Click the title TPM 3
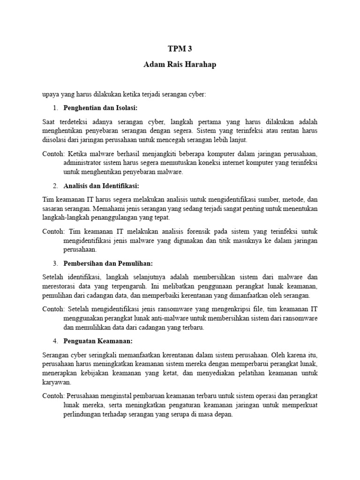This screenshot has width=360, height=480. [180, 48]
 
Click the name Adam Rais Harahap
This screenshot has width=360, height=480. [180, 64]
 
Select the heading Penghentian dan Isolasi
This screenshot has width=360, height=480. [100, 109]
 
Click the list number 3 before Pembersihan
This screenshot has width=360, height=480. [55, 263]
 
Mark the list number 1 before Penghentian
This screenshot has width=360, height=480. [55, 109]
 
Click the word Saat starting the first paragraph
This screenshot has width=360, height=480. [49, 121]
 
